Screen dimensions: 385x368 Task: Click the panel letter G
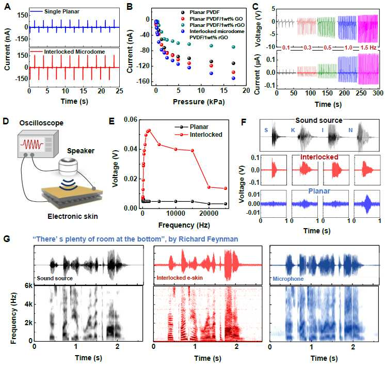coord(7,239)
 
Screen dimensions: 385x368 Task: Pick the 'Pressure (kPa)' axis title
coord(199,102)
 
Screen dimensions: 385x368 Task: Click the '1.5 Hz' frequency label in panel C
coord(368,47)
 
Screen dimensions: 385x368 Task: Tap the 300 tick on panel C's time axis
coord(378,93)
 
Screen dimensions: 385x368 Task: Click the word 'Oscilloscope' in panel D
coord(41,123)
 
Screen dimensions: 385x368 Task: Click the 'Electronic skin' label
coord(73,216)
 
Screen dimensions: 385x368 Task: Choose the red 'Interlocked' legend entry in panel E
coord(198,135)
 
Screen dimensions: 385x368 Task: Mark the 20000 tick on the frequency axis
coord(208,213)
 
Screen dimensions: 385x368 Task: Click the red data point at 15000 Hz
coord(192,151)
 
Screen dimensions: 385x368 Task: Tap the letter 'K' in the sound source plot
coord(293,130)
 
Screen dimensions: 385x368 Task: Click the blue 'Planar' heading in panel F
coord(319,191)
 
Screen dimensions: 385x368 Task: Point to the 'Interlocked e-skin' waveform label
coord(180,278)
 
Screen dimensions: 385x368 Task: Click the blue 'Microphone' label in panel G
coord(288,279)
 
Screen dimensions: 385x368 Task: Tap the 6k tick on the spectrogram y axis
coord(28,285)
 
